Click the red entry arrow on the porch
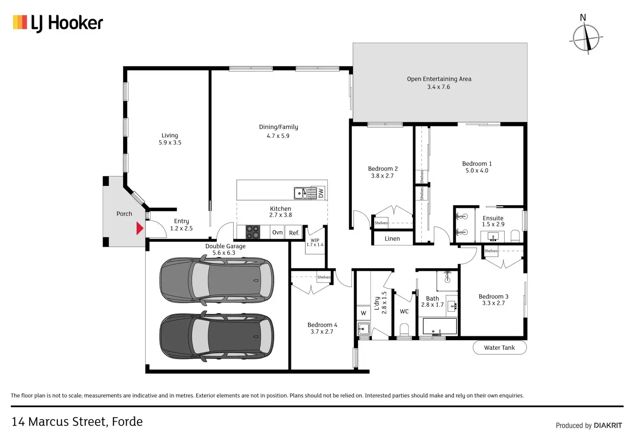[140, 228]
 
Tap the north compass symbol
[586, 38]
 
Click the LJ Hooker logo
[58, 23]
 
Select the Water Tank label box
[500, 348]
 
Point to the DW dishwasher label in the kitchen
[321, 193]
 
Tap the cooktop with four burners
[253, 232]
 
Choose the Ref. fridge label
[294, 233]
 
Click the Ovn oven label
[277, 232]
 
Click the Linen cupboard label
[392, 238]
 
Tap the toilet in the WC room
[404, 330]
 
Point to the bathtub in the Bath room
[440, 326]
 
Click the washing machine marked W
[364, 313]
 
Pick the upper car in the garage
[217, 281]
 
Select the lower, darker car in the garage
[217, 337]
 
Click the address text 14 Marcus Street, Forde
[77, 422]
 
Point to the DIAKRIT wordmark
[608, 426]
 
